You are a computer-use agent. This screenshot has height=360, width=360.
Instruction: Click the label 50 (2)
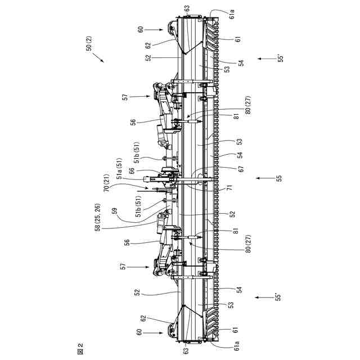pyautogui.click(x=89, y=43)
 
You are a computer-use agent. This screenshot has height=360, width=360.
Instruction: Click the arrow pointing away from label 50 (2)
pyautogui.click(x=98, y=57)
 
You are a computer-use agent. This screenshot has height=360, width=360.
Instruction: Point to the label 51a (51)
pyautogui.click(x=120, y=168)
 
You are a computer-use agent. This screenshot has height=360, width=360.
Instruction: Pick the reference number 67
pyautogui.click(x=241, y=169)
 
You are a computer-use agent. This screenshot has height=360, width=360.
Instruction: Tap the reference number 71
pyautogui.click(x=230, y=188)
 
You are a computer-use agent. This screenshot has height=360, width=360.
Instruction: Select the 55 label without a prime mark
pyautogui.click(x=278, y=178)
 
